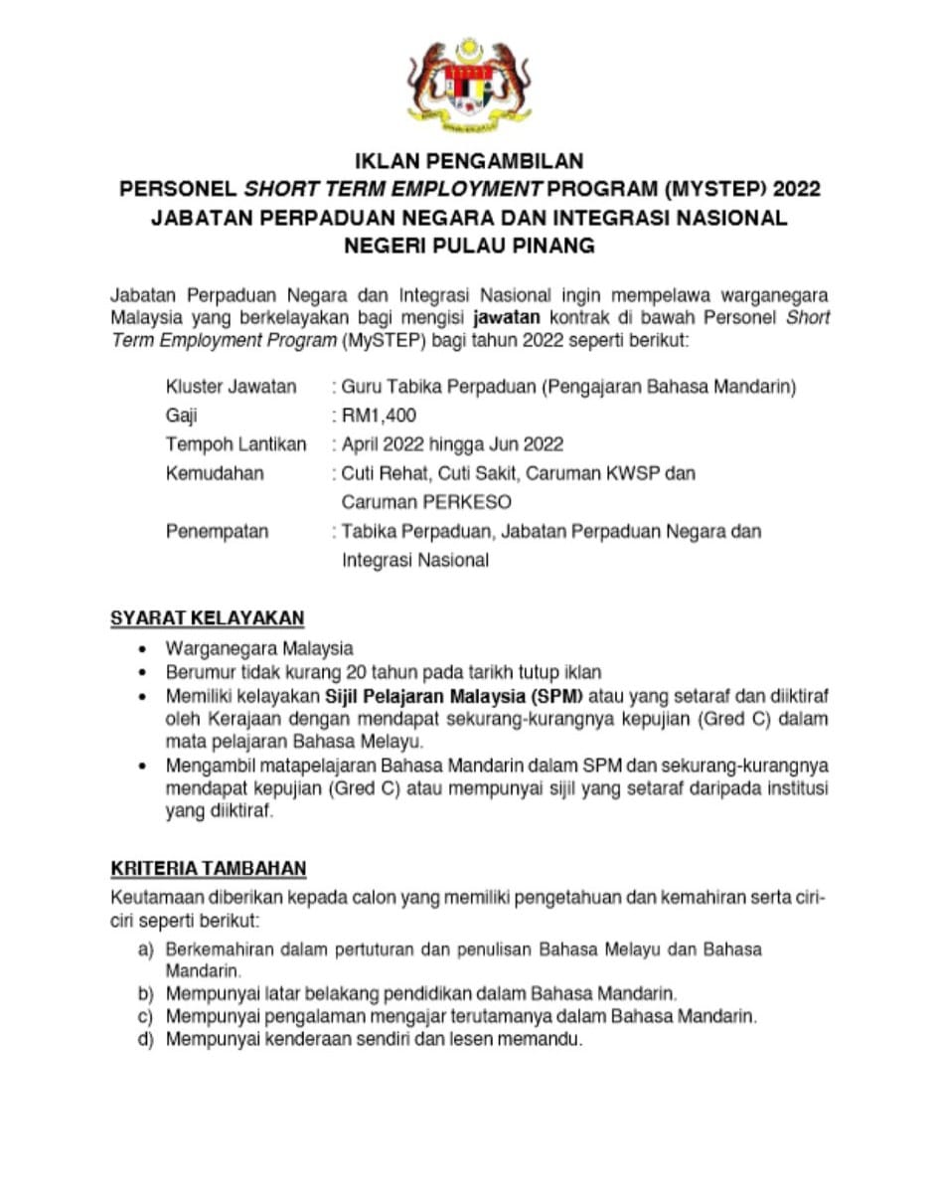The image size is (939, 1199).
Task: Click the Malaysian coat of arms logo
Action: pos(469,86)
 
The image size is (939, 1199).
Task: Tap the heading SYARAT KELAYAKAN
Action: pos(207,617)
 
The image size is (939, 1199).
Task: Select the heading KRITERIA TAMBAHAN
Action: pos(209,869)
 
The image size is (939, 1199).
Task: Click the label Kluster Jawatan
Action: pos(231,387)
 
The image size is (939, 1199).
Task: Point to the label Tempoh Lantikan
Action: pos(235,444)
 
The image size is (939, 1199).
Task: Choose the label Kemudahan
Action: pos(215,473)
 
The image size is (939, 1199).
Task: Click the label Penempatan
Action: pos(217,531)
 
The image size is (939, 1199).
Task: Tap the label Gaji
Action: pos(182,416)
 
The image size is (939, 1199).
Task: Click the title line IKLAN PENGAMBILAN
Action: pos(469,160)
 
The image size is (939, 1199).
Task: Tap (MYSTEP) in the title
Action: pos(716,189)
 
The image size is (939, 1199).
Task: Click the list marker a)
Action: pos(146,949)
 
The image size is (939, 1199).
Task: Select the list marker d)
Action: pos(146,1040)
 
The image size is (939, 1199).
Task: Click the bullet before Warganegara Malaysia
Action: pos(146,649)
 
